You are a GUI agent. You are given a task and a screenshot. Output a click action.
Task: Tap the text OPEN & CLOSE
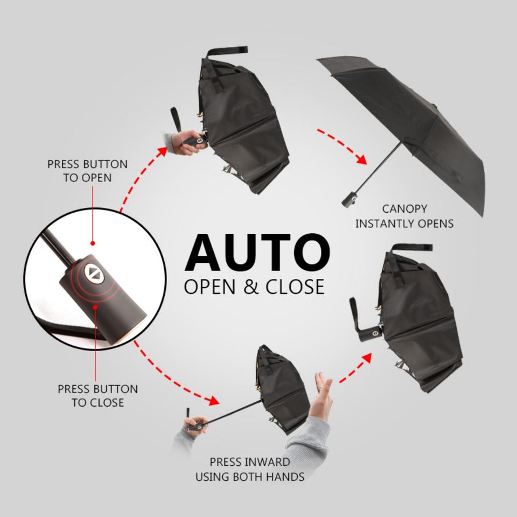click(254, 286)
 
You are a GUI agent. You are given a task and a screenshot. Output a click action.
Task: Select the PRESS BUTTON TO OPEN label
click(87, 170)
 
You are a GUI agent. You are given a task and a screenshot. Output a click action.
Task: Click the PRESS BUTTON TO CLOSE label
click(97, 395)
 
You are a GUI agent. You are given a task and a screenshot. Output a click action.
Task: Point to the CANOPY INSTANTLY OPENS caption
click(404, 215)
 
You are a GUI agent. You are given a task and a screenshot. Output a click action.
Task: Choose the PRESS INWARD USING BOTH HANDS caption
click(249, 469)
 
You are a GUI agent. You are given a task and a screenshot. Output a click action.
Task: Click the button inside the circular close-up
click(95, 273)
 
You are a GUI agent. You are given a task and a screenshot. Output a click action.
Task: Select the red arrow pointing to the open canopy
click(341, 145)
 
